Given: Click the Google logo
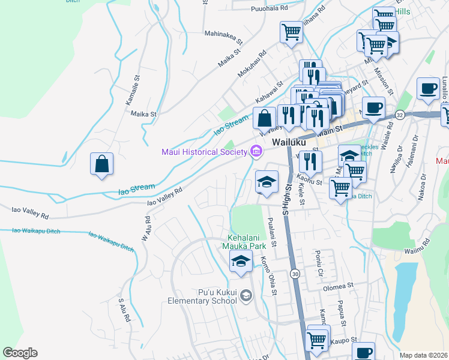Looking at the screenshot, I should pyautogui.click(x=20, y=353).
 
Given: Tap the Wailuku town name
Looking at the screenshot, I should pyautogui.click(x=289, y=143).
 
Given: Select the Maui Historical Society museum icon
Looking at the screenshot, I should pyautogui.click(x=257, y=152).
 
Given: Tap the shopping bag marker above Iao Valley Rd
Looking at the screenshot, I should pyautogui.click(x=101, y=164).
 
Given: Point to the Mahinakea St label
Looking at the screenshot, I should pyautogui.click(x=223, y=39).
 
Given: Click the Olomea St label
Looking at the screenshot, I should pyautogui.click(x=336, y=287).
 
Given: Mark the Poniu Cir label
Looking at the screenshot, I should pyautogui.click(x=319, y=257).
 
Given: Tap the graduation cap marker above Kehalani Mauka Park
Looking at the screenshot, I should pyautogui.click(x=267, y=181).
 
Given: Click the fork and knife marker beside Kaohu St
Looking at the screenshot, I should pyautogui.click(x=310, y=161).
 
